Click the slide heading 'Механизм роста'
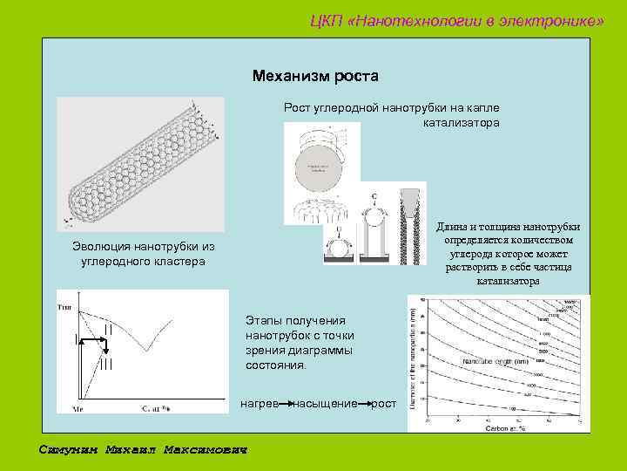coord(315,76)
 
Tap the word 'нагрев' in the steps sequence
coord(258,405)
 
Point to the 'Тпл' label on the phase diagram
coord(64,306)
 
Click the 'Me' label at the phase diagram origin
coord(77,407)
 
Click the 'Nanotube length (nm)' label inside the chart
coord(496,360)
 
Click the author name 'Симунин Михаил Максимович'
coord(144,450)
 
